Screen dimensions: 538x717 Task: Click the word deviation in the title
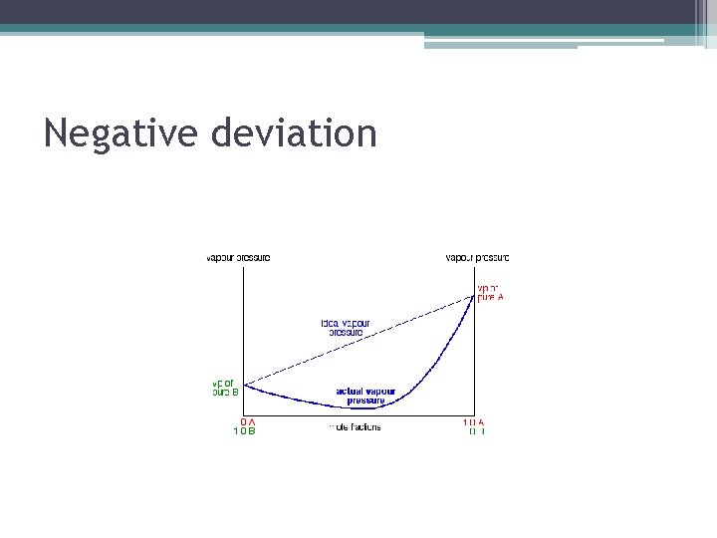coord(295,133)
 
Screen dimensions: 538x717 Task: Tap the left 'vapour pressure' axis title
coord(238,258)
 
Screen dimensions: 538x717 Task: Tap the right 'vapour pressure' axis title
coord(477,258)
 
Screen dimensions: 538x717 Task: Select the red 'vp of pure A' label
coord(491,293)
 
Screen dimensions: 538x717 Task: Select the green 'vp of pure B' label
coord(225,388)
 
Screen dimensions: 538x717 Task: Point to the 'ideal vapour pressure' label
coord(346,328)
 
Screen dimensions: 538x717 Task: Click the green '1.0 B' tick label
coord(244,431)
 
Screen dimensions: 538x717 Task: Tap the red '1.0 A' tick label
coord(473,422)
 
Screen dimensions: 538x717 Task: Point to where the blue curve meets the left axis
coord(244,385)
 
